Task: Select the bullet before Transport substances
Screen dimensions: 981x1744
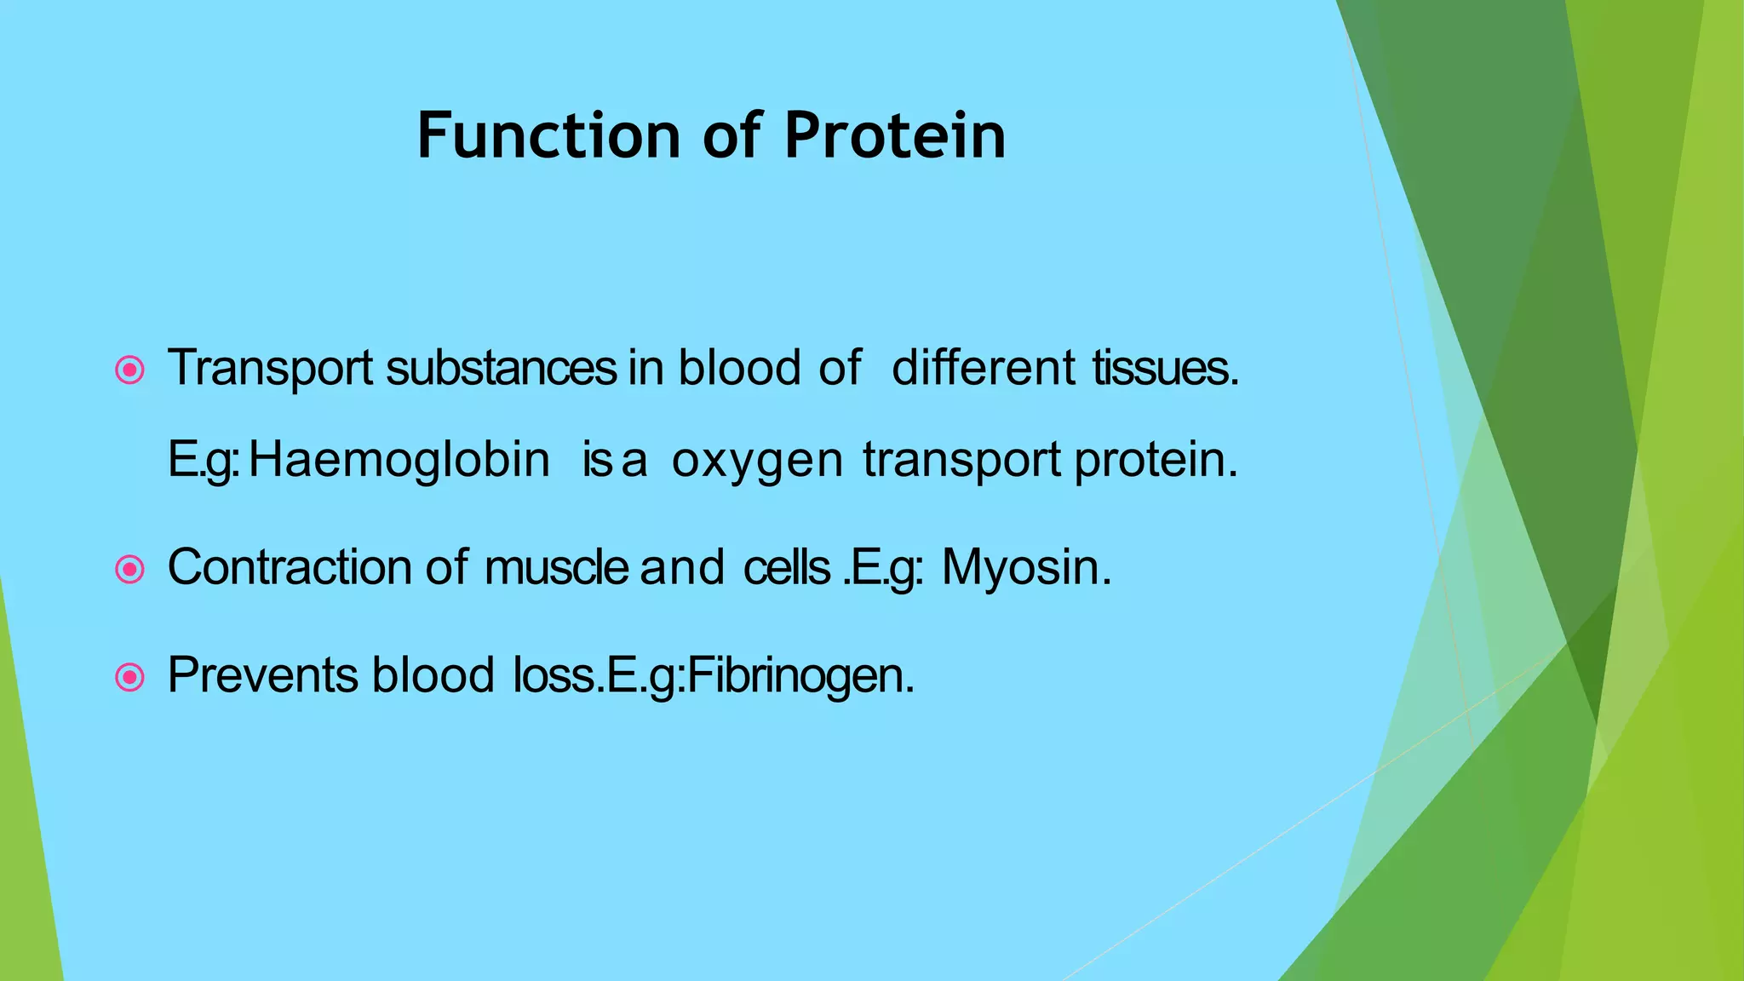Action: point(129,370)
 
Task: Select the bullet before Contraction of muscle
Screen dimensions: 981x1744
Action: point(129,569)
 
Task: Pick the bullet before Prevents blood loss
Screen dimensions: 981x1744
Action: point(129,678)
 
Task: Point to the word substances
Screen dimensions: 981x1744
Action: point(501,368)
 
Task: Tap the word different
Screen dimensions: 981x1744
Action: point(984,368)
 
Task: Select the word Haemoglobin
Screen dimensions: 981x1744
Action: point(399,461)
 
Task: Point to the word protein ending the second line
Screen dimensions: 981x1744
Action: point(1155,461)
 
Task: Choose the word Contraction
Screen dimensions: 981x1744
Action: point(290,567)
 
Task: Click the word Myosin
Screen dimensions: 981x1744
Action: point(1025,567)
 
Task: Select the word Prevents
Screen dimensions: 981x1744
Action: point(262,676)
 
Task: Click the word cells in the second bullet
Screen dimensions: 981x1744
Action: point(786,567)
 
